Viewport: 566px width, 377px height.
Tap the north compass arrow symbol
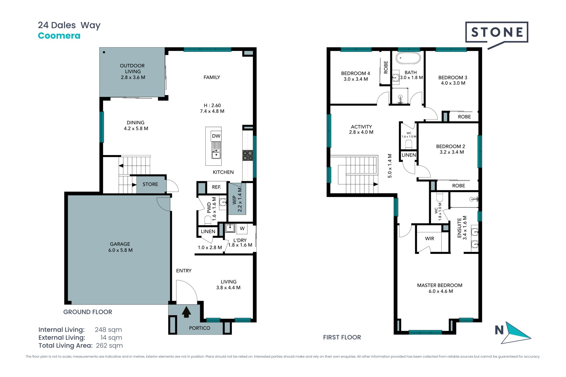[x=516, y=333]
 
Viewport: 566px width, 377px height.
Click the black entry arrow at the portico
[x=186, y=312]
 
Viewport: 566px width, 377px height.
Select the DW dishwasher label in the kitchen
[x=216, y=136]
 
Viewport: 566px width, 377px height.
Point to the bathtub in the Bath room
[x=408, y=58]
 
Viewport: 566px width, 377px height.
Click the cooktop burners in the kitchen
[x=248, y=156]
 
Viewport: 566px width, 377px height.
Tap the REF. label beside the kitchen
[x=216, y=187]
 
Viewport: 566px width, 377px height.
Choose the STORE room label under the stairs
[x=150, y=184]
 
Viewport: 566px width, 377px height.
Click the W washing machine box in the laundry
[x=242, y=228]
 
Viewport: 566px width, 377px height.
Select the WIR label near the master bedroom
[x=430, y=239]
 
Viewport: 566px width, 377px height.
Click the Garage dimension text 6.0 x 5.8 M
[x=120, y=250]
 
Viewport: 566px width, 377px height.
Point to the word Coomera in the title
[x=59, y=36]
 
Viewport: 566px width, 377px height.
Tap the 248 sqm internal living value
[x=108, y=330]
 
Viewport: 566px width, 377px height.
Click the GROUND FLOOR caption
[x=88, y=312]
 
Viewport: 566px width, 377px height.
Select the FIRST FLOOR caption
[x=342, y=338]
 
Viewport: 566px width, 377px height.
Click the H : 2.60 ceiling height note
[x=212, y=105]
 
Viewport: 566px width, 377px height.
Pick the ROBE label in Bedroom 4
[x=386, y=67]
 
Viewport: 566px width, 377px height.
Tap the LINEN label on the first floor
[x=409, y=155]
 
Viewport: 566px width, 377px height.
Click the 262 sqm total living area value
[x=109, y=346]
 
